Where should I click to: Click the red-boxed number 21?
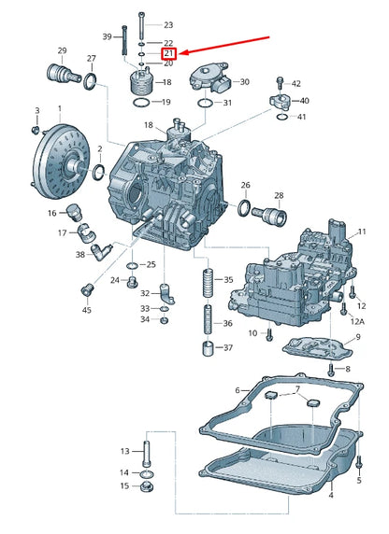tap(168, 53)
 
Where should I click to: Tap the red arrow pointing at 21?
tap(224, 45)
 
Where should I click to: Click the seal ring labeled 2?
tap(99, 172)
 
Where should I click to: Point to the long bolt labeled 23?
tap(141, 26)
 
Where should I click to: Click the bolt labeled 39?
tap(124, 40)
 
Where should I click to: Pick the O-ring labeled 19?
tap(140, 102)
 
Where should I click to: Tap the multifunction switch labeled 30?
tap(209, 77)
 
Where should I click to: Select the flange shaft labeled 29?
tap(64, 73)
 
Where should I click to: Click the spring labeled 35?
tap(209, 282)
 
